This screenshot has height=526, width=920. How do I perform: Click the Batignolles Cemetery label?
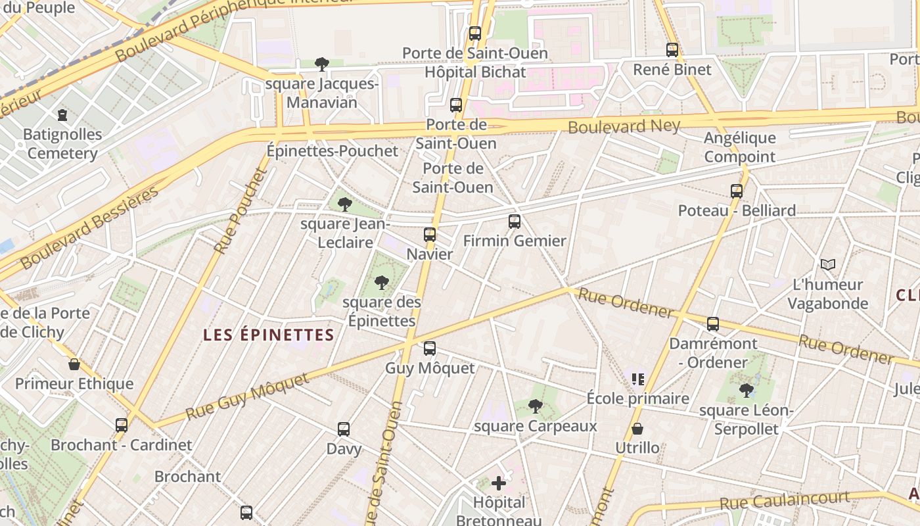63,144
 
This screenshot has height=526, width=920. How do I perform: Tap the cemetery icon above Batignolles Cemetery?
62,116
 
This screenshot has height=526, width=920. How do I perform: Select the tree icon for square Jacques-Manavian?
322,64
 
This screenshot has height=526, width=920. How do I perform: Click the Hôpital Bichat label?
475,72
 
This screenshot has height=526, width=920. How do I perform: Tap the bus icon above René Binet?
672,50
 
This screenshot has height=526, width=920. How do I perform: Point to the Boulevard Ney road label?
624,125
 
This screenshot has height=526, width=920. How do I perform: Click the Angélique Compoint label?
740,147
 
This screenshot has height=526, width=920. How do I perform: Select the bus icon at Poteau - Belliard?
737,191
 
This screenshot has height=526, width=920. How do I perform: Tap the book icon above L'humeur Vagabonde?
828,264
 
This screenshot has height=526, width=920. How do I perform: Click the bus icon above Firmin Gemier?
515,222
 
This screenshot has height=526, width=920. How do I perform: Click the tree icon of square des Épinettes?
381,283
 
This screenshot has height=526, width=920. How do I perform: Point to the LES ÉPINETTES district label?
269,335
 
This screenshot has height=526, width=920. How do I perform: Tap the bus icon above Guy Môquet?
430,348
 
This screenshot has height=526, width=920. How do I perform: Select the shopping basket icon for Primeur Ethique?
74,364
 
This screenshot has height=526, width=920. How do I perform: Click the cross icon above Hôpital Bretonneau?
499,483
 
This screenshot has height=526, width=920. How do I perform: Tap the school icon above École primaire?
637,379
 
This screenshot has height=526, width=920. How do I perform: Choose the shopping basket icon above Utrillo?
637,429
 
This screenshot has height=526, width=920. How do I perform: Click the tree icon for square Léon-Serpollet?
746,391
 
